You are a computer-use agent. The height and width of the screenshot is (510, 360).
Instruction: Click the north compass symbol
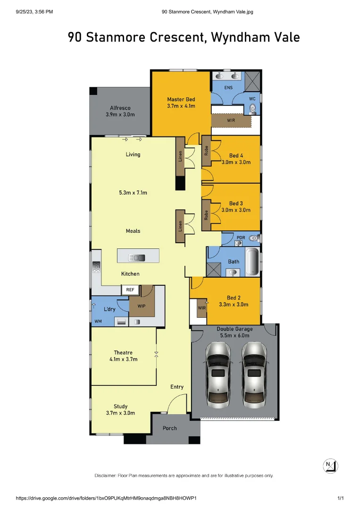[331, 465]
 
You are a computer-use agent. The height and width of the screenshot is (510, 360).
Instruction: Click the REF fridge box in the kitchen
[130, 290]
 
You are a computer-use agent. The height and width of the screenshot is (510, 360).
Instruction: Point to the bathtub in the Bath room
[252, 261]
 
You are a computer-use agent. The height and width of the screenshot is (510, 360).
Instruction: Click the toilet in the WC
[253, 109]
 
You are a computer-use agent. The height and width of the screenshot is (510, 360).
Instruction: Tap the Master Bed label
[181, 99]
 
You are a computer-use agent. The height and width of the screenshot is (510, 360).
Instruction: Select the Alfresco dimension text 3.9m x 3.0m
[120, 114]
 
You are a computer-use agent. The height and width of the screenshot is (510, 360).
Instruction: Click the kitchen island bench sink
[140, 257]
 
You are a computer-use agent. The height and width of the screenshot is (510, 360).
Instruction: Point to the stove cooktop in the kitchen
[96, 267]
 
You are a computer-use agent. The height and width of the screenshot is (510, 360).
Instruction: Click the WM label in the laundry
[98, 322]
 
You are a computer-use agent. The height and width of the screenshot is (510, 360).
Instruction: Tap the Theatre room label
[123, 352]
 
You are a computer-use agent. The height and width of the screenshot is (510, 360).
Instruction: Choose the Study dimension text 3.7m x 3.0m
[120, 413]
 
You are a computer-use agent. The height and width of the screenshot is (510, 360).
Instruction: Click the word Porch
[169, 428]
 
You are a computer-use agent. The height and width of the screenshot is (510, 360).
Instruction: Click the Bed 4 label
[236, 155]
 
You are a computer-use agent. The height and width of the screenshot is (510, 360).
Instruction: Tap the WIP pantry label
[141, 306]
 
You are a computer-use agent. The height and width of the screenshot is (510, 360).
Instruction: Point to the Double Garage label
[234, 329]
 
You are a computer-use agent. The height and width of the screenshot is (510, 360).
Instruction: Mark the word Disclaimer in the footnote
[108, 476]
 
